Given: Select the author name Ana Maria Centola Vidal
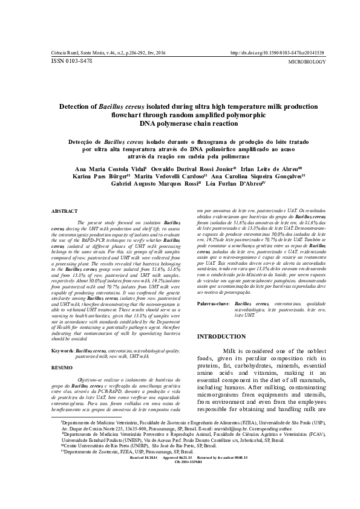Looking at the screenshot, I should (x=106, y=169).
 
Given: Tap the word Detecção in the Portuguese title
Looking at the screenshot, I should (x=80, y=141).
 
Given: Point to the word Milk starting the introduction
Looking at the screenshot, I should (x=234, y=351).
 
